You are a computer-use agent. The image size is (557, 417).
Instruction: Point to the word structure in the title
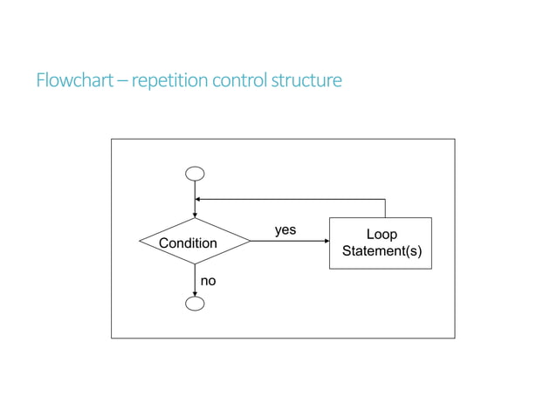pos(307,81)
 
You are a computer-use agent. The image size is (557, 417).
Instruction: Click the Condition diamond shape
pos(195,242)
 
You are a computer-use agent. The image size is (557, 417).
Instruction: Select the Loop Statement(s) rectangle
pos(381,243)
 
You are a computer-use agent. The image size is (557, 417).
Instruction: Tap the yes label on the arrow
pos(285,230)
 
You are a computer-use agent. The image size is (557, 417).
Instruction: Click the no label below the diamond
pos(209,281)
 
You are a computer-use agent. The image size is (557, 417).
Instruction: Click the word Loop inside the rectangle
pos(382,235)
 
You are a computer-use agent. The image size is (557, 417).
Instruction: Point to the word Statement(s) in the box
pos(382,252)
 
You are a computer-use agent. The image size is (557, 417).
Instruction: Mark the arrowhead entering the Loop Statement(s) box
pos(327,242)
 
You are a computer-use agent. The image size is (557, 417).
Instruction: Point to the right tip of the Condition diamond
pos(250,242)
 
